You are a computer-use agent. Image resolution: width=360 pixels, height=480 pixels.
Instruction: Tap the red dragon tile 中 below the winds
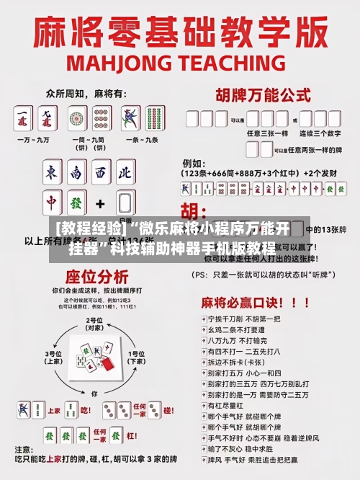52,203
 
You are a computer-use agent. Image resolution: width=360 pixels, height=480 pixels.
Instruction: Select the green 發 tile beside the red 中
76,203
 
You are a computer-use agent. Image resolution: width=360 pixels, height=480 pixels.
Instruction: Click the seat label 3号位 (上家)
53,357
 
